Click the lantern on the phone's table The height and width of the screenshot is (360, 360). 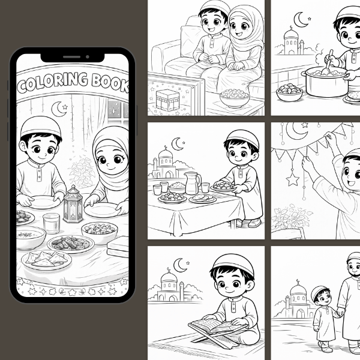pos(73,205)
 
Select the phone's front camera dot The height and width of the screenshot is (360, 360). pos(88,57)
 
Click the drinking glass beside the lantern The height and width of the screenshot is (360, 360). pos(52,223)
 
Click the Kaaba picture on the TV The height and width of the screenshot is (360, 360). pos(167,100)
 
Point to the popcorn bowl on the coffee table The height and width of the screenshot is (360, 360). pos(235,98)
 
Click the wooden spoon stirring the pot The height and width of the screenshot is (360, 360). pos(327,64)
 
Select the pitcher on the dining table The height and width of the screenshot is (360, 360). pos(193,183)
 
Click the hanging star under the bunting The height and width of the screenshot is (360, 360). pos(293,179)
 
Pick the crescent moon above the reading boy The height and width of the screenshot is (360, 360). pos(180,265)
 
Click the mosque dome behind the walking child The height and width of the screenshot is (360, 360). pos(298,290)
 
